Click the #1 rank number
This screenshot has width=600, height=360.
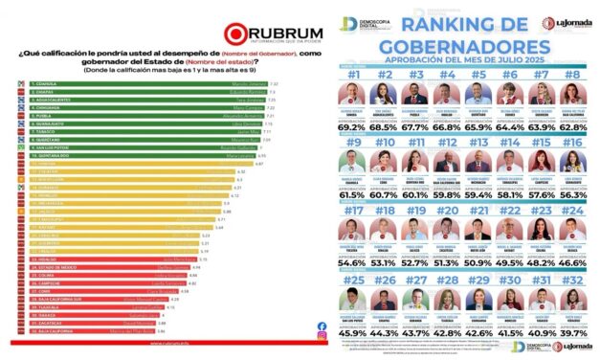tap(354, 75)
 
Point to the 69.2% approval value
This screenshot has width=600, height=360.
tap(354, 125)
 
